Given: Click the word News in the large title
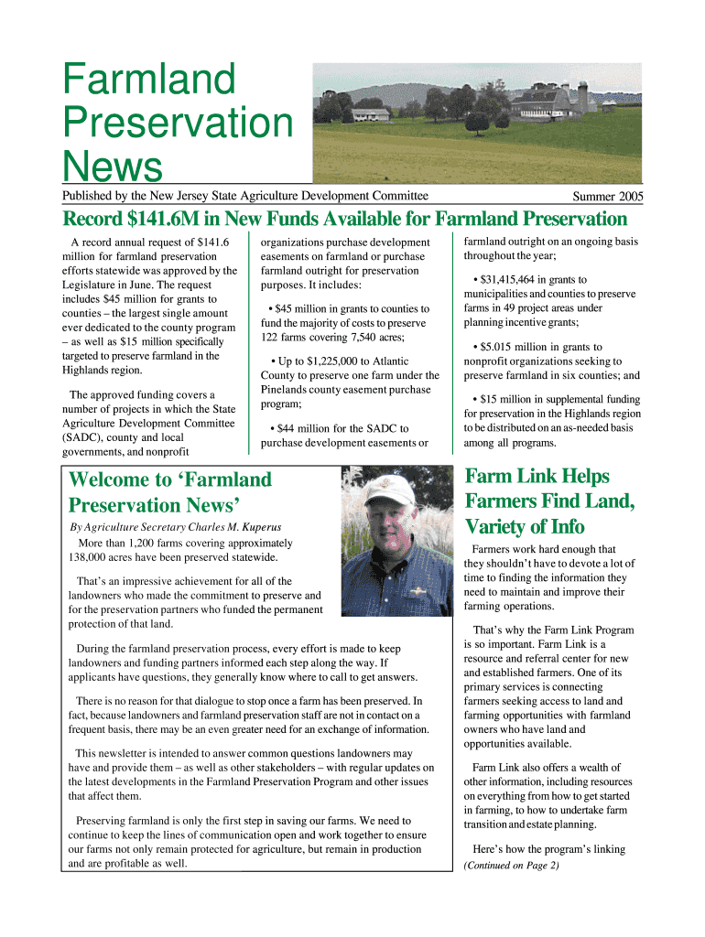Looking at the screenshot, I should pos(112,167).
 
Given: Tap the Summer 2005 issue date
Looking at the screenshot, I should pos(608,197).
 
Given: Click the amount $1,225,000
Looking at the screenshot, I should pos(348,361).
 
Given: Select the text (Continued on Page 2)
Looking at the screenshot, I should pos(511,866).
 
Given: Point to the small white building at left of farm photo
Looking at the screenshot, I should pos(370,114).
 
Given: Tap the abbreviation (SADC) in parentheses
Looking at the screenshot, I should pos(85,437).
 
